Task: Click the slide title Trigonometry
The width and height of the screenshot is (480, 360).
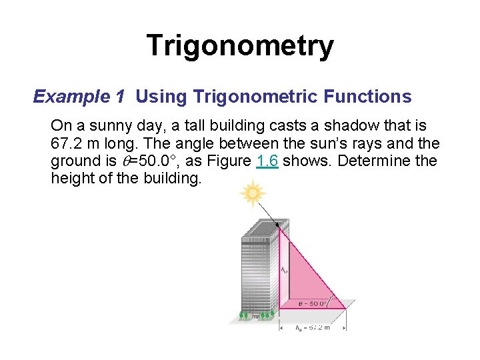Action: (x=240, y=46)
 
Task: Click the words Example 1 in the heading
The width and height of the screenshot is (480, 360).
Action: (x=79, y=97)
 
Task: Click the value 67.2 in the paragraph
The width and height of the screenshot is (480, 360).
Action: (x=69, y=143)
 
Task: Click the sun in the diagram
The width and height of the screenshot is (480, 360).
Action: (x=253, y=194)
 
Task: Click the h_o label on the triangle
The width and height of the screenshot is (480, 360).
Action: (x=284, y=270)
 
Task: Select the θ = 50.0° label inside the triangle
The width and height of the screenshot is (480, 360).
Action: (x=312, y=303)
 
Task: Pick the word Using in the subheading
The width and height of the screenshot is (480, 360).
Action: (x=161, y=97)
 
